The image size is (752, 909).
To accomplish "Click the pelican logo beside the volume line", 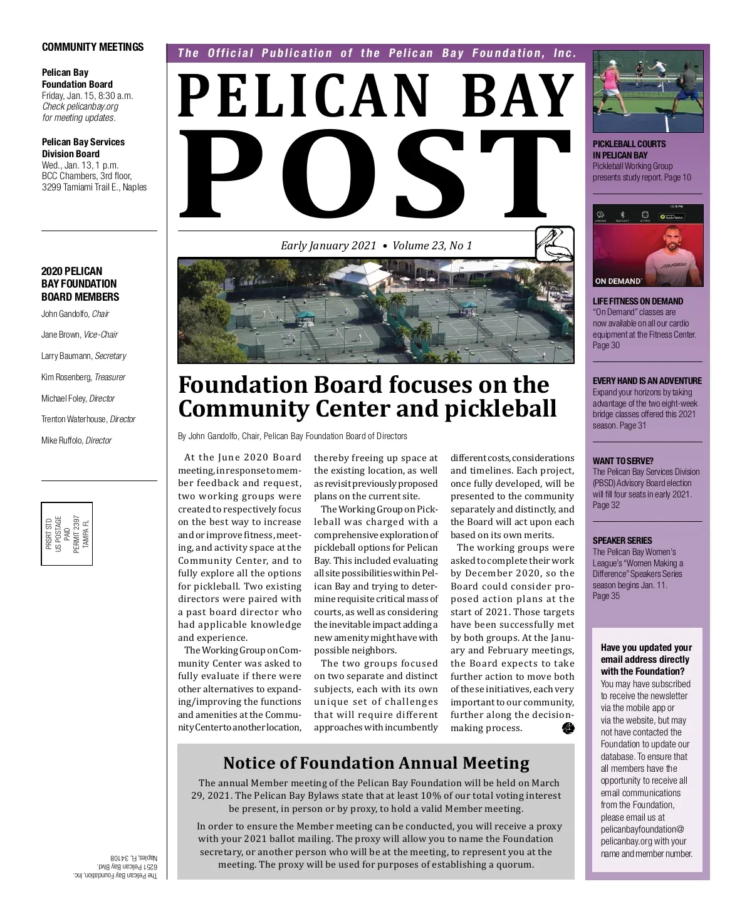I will pos(555,244).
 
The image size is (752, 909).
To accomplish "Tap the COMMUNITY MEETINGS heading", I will pos(93,47).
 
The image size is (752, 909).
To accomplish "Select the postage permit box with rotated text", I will pos(67,534).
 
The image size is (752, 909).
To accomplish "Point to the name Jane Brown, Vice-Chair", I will pos(80,335).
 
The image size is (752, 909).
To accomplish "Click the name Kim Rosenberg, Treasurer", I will pos(83,377).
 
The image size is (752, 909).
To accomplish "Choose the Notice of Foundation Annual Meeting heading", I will pos(376,763).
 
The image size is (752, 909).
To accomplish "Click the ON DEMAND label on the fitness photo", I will pos(618,281).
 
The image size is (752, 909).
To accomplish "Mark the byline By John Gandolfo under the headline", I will pos(293,436).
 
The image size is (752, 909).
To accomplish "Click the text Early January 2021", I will pos(328,246).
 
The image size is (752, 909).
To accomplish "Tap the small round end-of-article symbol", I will pos(568,728).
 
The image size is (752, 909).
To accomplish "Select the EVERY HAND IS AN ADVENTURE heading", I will pos(647,381).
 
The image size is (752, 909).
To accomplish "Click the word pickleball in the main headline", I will pos(501,408).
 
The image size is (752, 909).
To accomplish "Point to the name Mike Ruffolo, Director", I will pos(76,440).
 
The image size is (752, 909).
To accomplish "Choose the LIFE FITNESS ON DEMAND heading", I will pos(638,301).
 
